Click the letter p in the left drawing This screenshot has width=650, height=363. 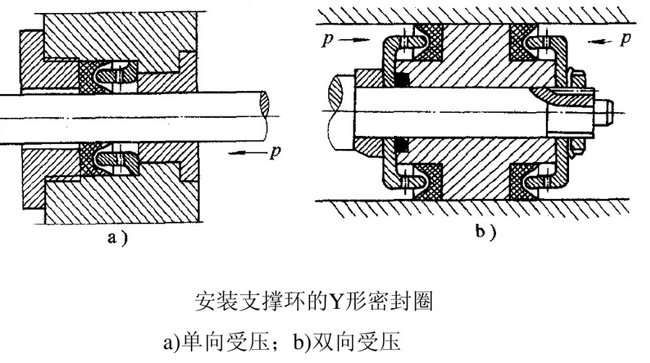point(273,153)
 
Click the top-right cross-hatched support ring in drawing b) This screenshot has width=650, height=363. point(522,39)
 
